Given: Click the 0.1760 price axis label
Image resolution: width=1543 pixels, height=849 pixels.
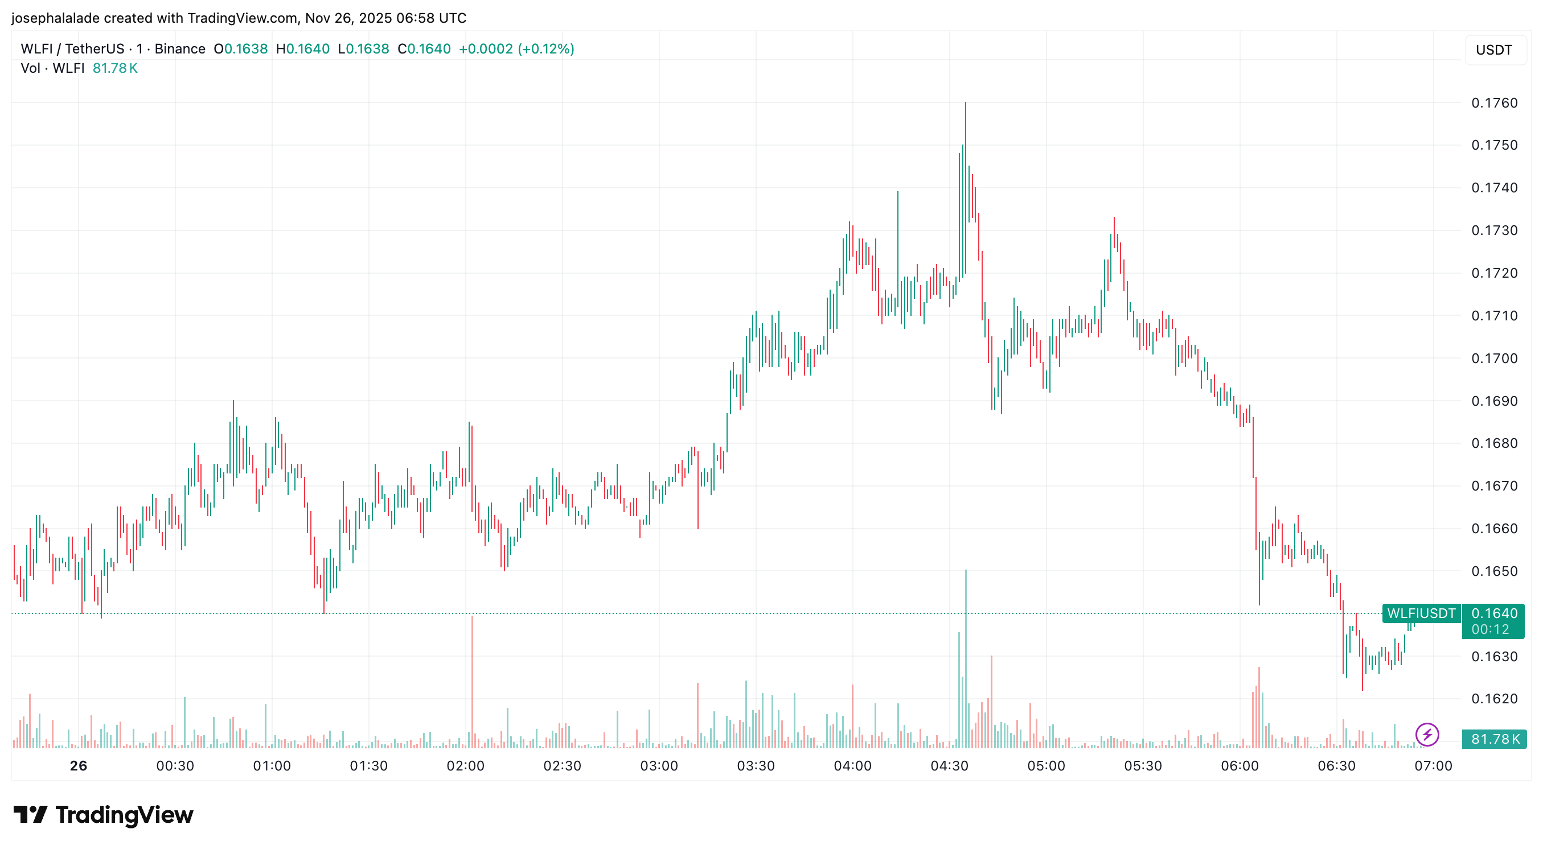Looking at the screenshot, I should [x=1494, y=103].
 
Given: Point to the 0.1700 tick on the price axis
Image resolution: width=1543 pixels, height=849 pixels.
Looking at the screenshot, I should [x=1494, y=358].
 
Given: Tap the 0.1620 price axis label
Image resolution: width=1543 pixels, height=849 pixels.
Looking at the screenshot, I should [x=1494, y=699].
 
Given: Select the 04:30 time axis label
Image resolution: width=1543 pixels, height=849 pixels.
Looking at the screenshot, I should [x=949, y=766].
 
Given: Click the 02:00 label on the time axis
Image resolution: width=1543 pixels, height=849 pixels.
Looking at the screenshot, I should [x=465, y=766].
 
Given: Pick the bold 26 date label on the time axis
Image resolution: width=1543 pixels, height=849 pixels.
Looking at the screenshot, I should [x=79, y=766].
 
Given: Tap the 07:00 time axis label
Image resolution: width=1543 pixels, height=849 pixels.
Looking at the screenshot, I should [x=1433, y=766].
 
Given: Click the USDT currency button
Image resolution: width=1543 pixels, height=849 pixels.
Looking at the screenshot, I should [x=1493, y=50].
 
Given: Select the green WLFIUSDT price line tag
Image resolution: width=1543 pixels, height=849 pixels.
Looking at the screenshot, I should [x=1421, y=613].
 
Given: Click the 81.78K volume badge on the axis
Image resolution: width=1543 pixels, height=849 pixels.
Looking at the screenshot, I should [x=1495, y=739].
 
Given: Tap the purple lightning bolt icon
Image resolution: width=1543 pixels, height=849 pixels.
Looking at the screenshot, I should [x=1427, y=734].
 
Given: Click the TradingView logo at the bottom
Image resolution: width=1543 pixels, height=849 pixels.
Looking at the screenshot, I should [x=103, y=815].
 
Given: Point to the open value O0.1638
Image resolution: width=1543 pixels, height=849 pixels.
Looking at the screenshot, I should [x=241, y=49].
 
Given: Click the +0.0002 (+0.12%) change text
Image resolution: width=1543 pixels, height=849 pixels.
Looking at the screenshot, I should [x=516, y=49].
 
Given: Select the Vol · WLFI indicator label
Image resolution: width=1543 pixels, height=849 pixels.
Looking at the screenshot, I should [x=53, y=68].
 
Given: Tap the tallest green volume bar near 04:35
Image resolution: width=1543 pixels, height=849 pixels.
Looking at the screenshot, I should [x=966, y=658].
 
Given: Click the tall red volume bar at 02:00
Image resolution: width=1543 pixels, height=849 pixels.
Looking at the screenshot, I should [x=472, y=682].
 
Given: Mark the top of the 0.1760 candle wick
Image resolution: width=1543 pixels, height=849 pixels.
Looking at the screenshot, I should [x=966, y=103].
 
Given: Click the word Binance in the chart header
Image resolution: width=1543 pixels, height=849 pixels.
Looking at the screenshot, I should [x=180, y=49].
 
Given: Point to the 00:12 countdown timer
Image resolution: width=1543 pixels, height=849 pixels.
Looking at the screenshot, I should [x=1489, y=630].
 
